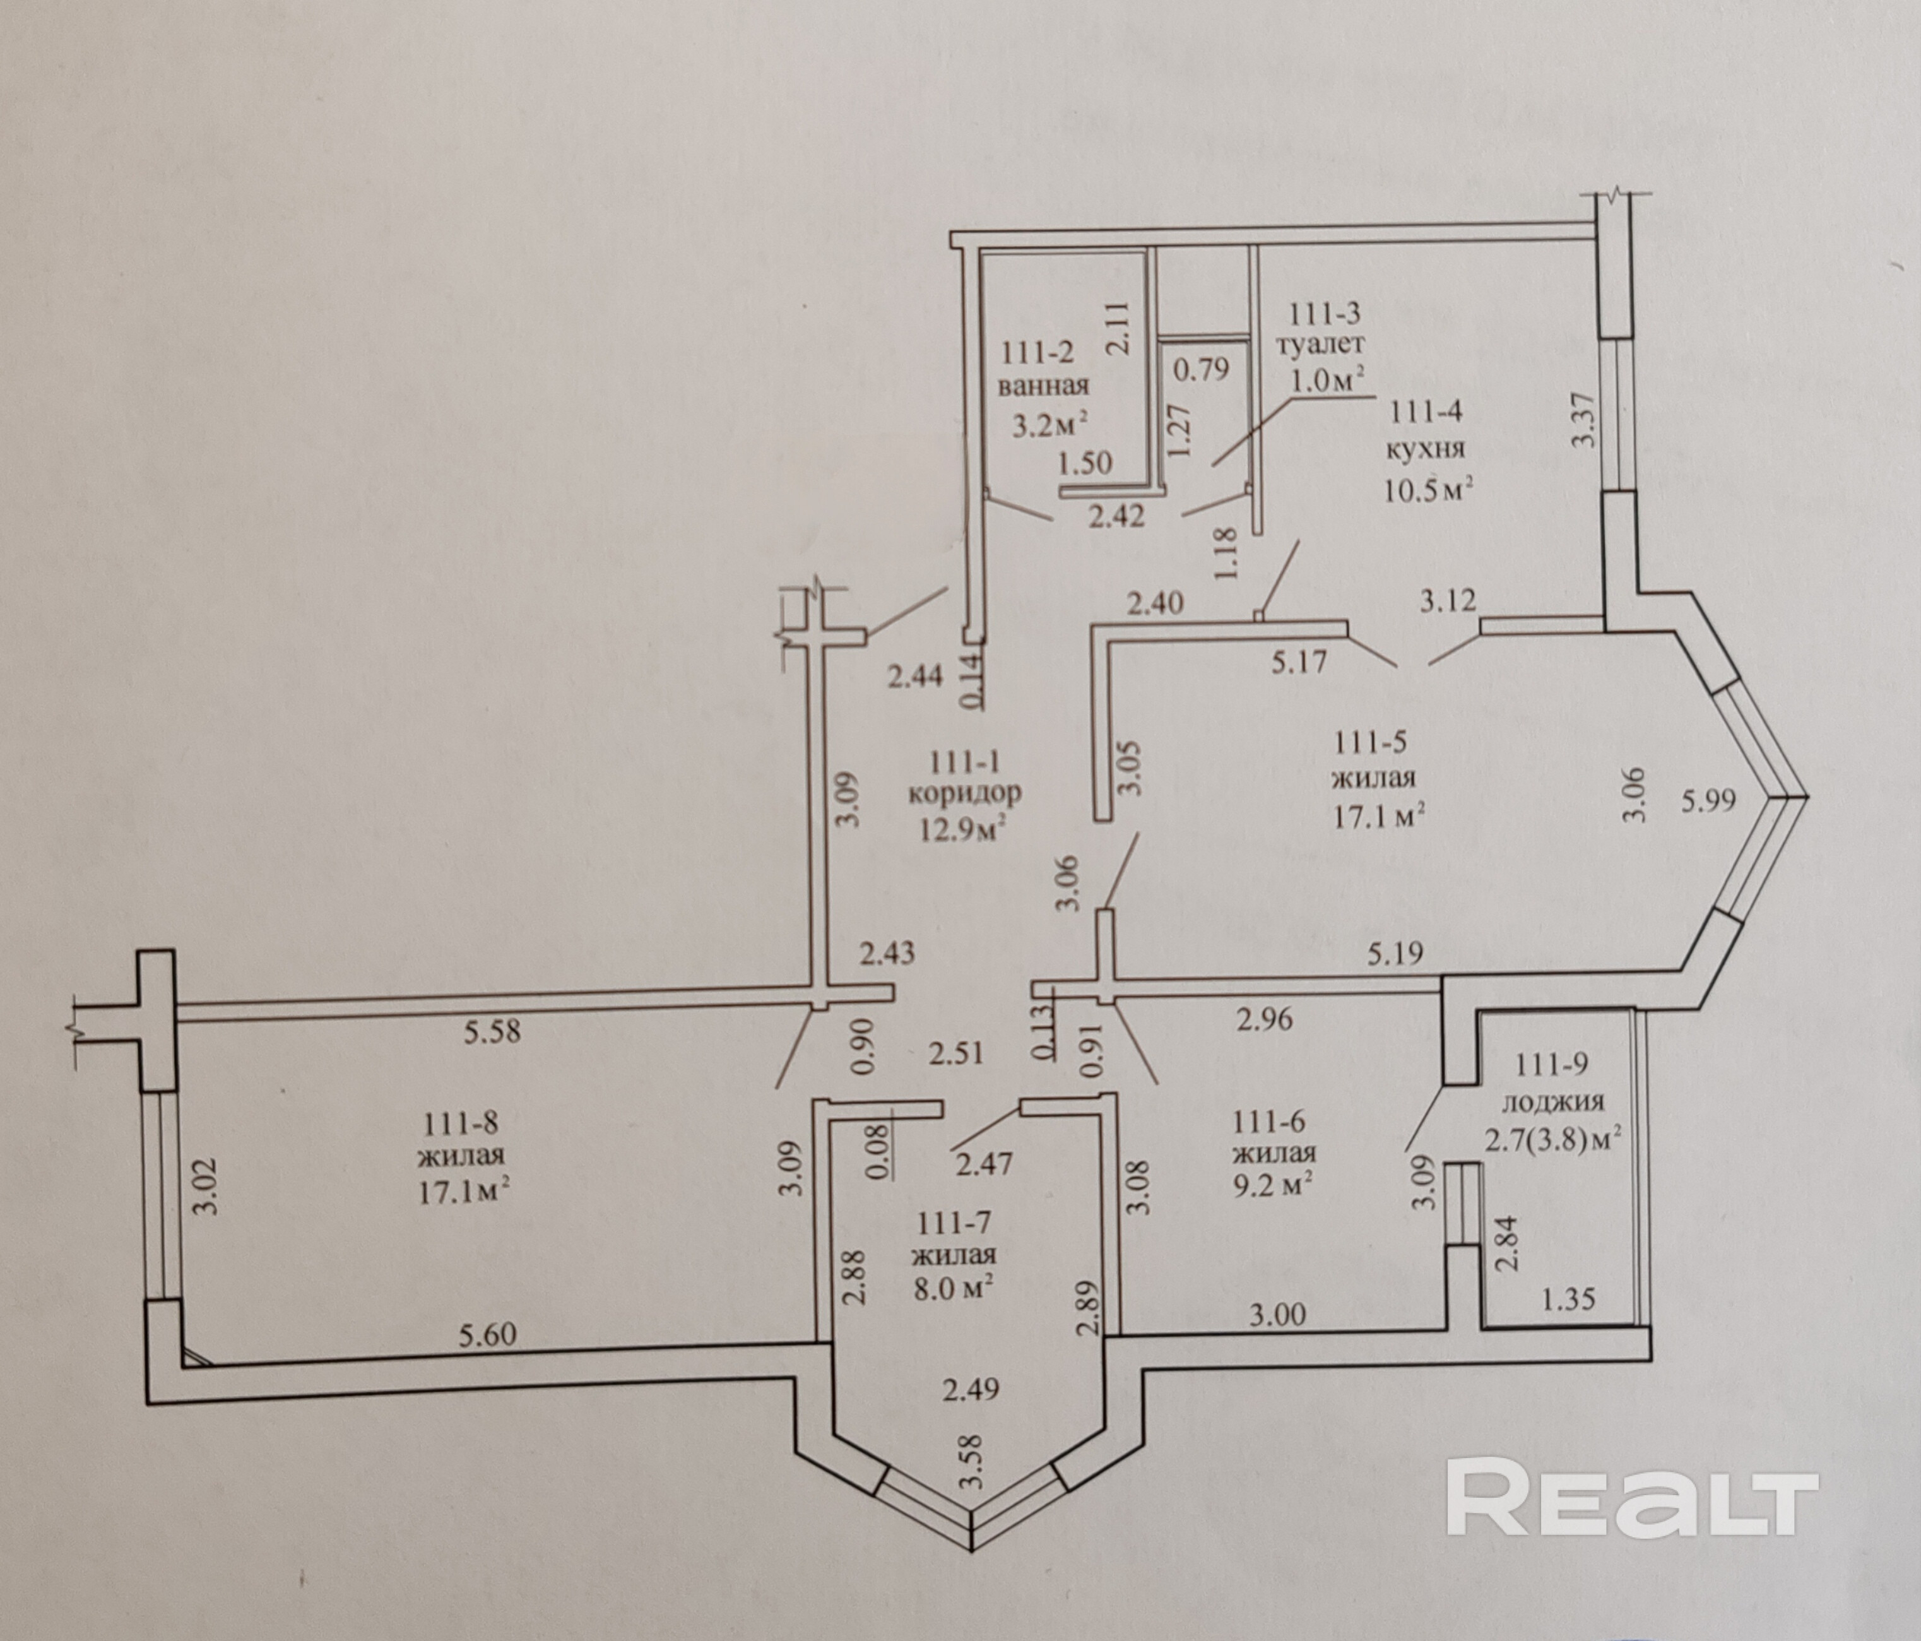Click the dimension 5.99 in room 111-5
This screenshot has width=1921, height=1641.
1709,800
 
